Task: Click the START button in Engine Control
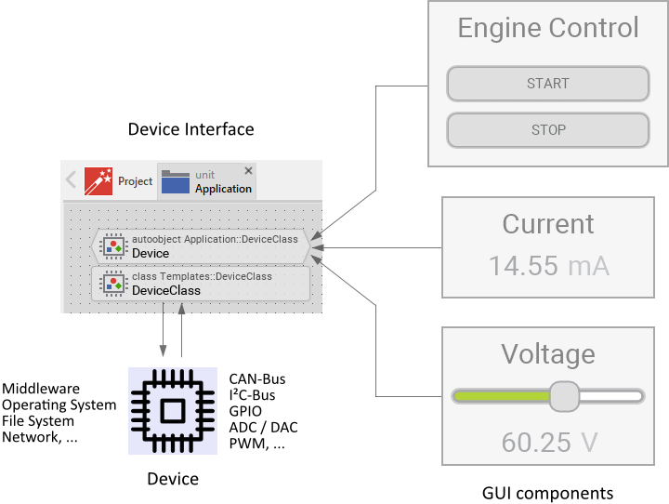pyautogui.click(x=547, y=84)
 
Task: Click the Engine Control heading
pyautogui.click(x=548, y=28)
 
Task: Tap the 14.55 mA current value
pyautogui.click(x=548, y=266)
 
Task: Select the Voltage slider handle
pyautogui.click(x=564, y=396)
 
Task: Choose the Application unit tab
pyautogui.click(x=207, y=181)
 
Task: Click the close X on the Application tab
pyautogui.click(x=248, y=171)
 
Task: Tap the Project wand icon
pyautogui.click(x=98, y=181)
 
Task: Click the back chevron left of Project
pyautogui.click(x=72, y=180)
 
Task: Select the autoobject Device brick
pyautogui.click(x=204, y=245)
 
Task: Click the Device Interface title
pyautogui.click(x=190, y=129)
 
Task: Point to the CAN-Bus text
pyautogui.click(x=257, y=379)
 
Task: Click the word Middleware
pyautogui.click(x=41, y=389)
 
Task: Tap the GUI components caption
pyautogui.click(x=547, y=493)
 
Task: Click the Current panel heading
pyautogui.click(x=547, y=224)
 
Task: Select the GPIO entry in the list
pyautogui.click(x=245, y=411)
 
